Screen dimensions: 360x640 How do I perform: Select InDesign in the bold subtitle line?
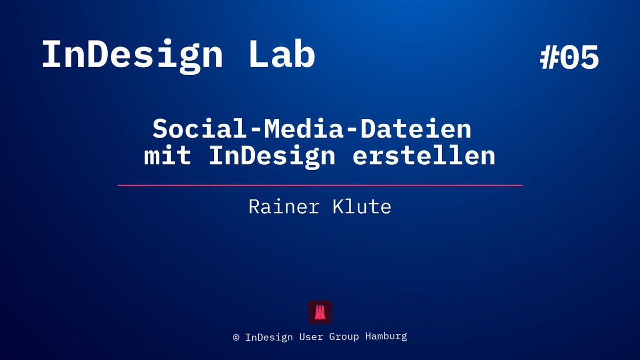[x=272, y=156]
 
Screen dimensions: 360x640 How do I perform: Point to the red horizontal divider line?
[x=320, y=185]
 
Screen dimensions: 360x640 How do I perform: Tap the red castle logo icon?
[x=320, y=312]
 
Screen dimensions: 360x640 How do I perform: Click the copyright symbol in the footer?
[x=236, y=337]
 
